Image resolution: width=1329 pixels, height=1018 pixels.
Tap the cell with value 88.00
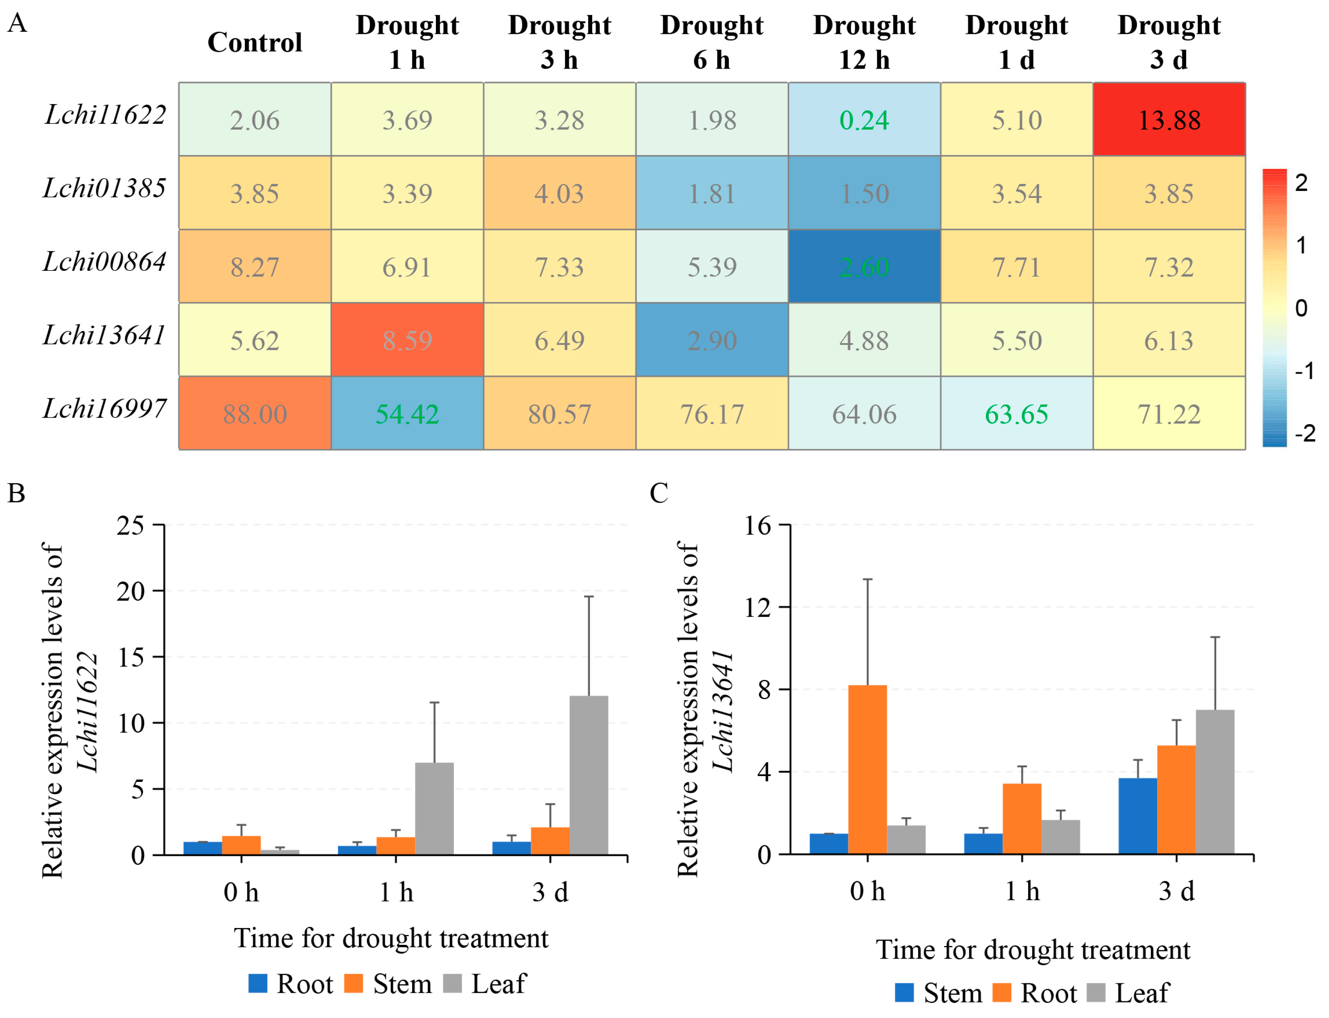click(255, 413)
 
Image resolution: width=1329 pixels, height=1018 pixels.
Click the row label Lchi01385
click(104, 188)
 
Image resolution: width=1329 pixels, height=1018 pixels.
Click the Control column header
click(255, 43)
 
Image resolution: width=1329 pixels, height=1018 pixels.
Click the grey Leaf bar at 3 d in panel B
click(588, 775)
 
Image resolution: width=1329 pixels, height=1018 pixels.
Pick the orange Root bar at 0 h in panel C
click(867, 770)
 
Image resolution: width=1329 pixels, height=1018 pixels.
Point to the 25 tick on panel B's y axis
click(130, 525)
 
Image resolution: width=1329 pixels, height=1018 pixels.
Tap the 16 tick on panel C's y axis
click(758, 525)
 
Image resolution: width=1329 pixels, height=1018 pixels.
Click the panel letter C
click(658, 493)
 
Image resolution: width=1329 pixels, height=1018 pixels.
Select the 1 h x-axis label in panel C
click(1022, 891)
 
